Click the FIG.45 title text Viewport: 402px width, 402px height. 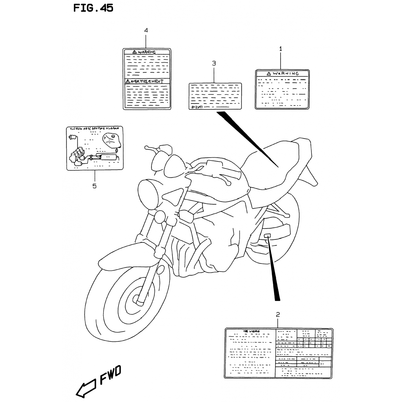pyautogui.click(x=93, y=8)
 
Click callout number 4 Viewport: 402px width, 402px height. pyautogui.click(x=146, y=30)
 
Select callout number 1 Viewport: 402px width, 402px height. pyautogui.click(x=281, y=49)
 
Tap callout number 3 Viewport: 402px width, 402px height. pyautogui.click(x=214, y=64)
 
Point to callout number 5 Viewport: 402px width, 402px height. pyautogui.click(x=94, y=186)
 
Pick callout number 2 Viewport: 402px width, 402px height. pyautogui.click(x=278, y=314)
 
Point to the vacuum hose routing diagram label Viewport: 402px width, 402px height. pyautogui.click(x=95, y=148)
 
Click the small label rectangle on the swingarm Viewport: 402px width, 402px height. pyautogui.click(x=267, y=236)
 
